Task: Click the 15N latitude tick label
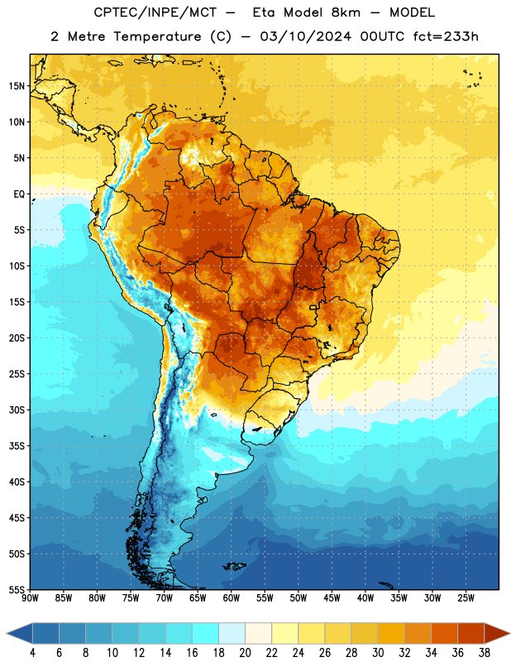coord(17,86)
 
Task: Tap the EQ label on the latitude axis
coord(19,194)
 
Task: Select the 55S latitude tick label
coord(17,589)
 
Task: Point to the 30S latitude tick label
coord(17,410)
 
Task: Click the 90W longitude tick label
coord(30,598)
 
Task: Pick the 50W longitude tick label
coord(298,598)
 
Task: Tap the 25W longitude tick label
coord(466,598)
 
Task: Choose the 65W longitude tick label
coord(198,598)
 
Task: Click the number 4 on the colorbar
coord(32,653)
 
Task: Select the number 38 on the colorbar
coord(485,653)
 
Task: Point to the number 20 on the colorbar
coord(245,653)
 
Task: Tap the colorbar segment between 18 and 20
coord(232,634)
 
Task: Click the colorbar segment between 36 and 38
coord(471,634)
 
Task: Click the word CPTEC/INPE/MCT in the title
coord(155,12)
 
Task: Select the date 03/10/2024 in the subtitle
coord(305,36)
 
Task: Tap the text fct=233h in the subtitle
coord(446,36)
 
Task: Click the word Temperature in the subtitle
coord(157,36)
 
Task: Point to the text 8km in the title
coord(346,12)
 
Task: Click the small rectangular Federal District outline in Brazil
coord(313,307)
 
